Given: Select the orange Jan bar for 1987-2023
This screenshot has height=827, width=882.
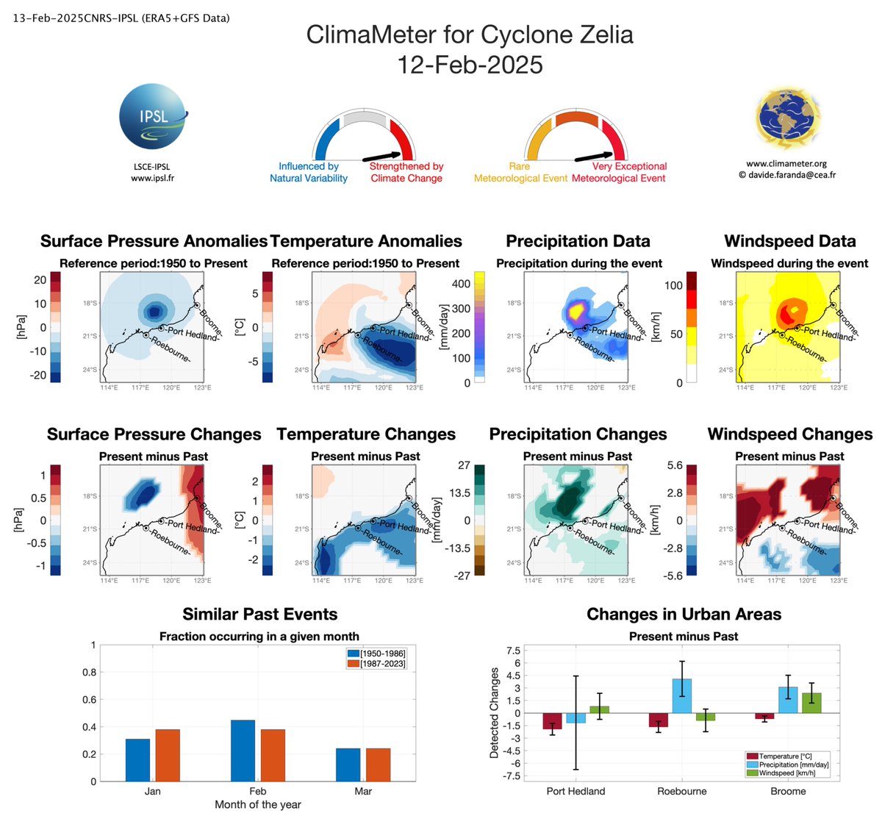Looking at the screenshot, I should (x=168, y=755).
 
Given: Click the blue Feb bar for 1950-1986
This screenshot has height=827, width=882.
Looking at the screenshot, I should (x=243, y=751).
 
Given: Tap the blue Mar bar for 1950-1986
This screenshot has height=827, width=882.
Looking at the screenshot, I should (x=348, y=765).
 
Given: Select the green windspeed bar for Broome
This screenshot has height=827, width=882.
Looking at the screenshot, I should (x=811, y=703).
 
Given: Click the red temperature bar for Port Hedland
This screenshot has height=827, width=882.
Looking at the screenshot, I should (x=553, y=721).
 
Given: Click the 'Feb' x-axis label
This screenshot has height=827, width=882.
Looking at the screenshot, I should (x=258, y=791).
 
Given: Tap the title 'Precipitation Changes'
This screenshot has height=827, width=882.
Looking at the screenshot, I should (x=578, y=434).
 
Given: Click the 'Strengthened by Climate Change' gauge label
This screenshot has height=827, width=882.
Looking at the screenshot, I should (x=406, y=172).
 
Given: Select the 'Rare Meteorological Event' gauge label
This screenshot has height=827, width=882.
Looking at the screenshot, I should (x=520, y=172).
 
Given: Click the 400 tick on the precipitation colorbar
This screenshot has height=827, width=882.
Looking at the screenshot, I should (x=461, y=284).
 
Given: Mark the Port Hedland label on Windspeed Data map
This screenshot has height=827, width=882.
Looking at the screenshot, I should (x=829, y=334).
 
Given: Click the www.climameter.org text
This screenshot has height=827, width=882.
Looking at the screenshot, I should (x=786, y=164).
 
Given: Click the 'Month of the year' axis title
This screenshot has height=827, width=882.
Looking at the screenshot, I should (x=258, y=805).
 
